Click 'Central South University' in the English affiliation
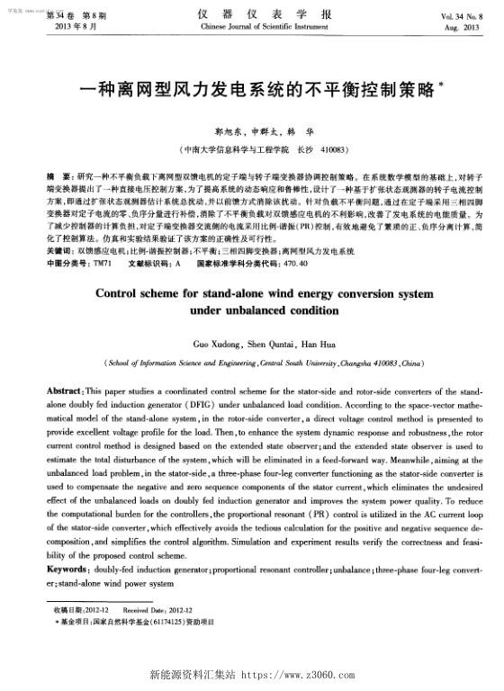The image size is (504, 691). click(x=302, y=363)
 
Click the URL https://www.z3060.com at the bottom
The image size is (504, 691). click(x=297, y=673)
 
